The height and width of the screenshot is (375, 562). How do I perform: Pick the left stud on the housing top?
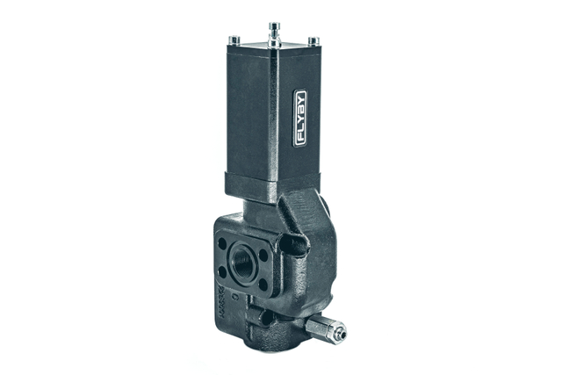234,40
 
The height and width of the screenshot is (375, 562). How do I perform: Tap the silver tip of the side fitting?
338,333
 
